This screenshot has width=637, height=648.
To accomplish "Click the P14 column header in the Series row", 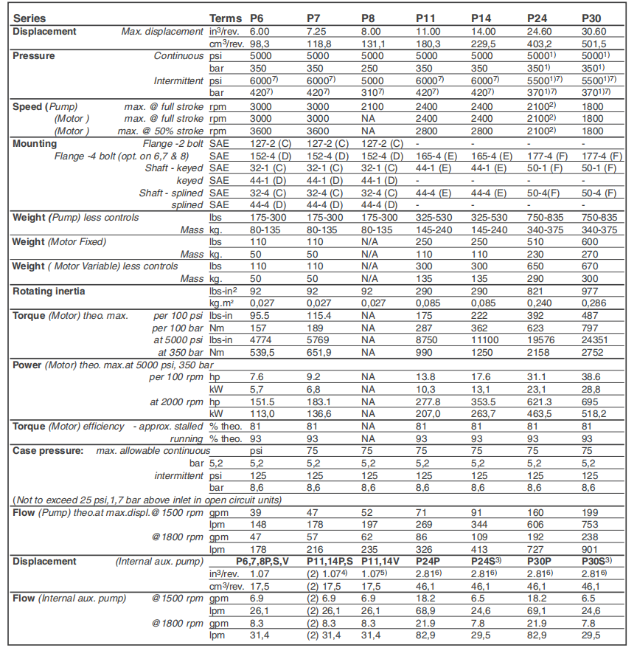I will [481, 17].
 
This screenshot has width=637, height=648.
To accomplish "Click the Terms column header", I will [225, 17].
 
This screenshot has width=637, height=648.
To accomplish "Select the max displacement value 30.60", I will [594, 32].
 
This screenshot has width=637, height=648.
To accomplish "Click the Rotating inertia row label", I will [49, 292].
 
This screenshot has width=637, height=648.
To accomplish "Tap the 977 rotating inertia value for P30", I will [591, 292].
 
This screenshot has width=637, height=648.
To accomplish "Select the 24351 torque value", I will [596, 339].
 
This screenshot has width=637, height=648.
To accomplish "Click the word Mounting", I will [35, 144].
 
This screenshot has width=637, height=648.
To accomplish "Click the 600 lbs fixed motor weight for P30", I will [591, 241].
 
